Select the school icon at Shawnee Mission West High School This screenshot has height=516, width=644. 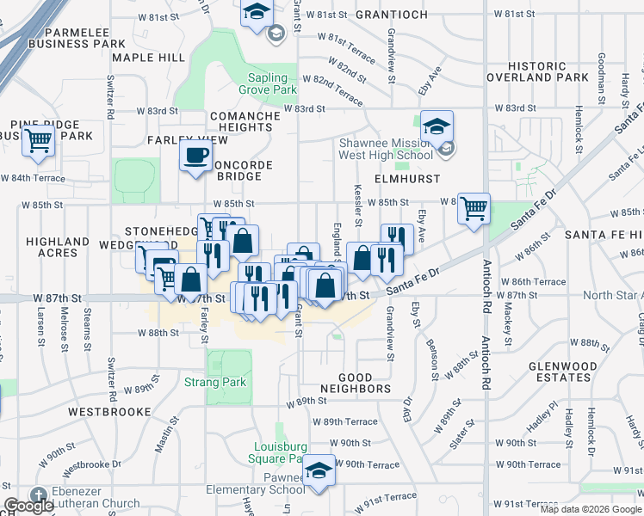pos(437,127)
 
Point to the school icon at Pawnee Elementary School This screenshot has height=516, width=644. pos(319,470)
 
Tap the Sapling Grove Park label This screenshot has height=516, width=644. pos(268,83)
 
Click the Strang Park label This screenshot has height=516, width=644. pos(215,382)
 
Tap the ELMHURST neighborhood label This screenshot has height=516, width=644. pos(407,179)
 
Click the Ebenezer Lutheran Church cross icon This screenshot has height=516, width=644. pos(38,495)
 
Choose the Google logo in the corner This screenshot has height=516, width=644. pos(29,506)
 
